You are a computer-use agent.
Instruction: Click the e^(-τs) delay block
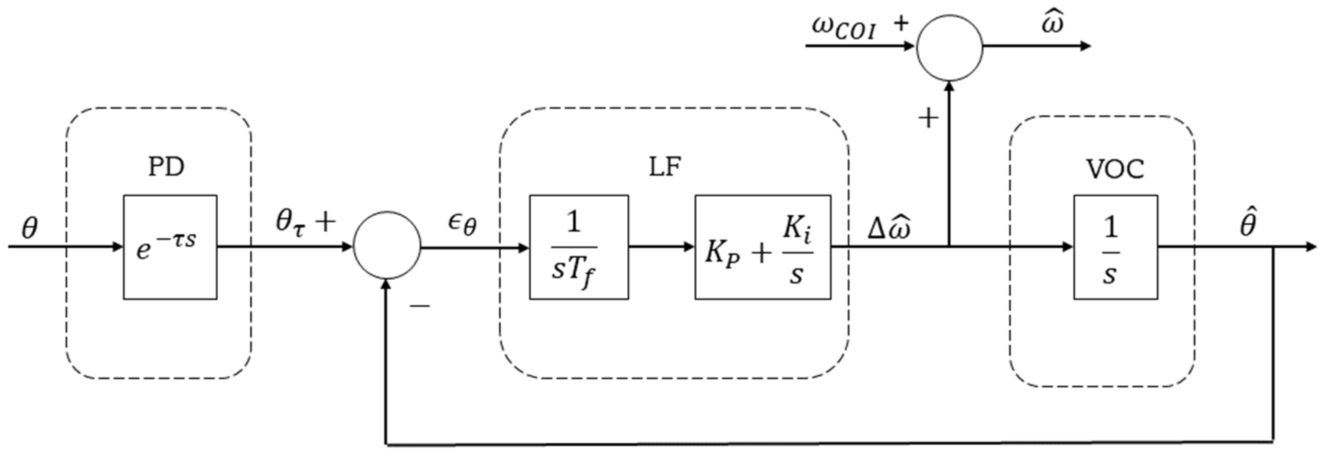coord(170,247)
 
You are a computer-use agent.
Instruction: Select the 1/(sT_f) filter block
coord(578,247)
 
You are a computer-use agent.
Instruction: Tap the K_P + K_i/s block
coord(763,247)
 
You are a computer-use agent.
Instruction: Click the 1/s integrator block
coord(1116,247)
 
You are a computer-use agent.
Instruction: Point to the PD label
coord(166,167)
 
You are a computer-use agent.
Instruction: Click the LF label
coord(665,167)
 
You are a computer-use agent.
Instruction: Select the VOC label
coord(1115,169)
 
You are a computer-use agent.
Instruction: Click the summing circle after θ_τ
coord(387,245)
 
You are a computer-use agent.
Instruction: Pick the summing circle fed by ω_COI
coord(950,47)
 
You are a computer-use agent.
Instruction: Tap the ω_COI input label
coord(843,28)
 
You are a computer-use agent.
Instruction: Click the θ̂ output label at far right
coord(1248,224)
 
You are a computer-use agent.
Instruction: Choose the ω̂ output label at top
coord(1052,24)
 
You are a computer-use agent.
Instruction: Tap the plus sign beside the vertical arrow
coord(928,119)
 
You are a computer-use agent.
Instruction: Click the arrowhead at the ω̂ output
coord(1085,46)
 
